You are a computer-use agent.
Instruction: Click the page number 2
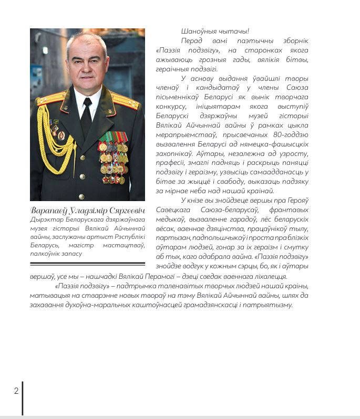tap(16, 391)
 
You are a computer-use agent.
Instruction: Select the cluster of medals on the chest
tap(114, 158)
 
